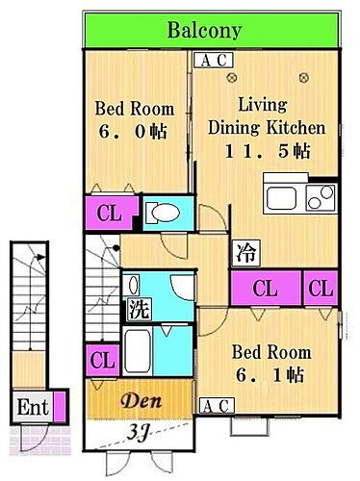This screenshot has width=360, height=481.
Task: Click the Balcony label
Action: pyautogui.click(x=204, y=31)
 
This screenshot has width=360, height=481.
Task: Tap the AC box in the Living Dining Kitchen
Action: pyautogui.click(x=214, y=60)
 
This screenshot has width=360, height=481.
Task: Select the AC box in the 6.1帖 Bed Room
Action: pyautogui.click(x=217, y=406)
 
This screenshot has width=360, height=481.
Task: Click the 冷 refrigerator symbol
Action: pyautogui.click(x=245, y=253)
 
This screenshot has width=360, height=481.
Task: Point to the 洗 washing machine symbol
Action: pyautogui.click(x=139, y=309)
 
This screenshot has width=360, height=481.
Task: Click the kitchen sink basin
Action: pyautogui.click(x=281, y=198)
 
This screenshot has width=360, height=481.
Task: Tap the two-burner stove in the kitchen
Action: pyautogui.click(x=321, y=197)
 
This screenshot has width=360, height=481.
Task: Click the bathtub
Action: pyautogui.click(x=138, y=351)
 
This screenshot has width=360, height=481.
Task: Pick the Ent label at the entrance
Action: pyautogui.click(x=33, y=407)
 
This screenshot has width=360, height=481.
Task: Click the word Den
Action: pyautogui.click(x=141, y=400)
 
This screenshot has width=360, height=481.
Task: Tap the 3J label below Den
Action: pyautogui.click(x=137, y=433)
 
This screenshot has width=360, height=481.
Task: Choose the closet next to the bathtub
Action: pyautogui.click(x=102, y=360)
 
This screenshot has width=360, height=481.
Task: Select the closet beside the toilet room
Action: pyautogui.click(x=110, y=213)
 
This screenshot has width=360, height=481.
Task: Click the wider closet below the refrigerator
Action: pyautogui.click(x=266, y=288)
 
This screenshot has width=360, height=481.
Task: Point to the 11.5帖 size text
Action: pyautogui.click(x=268, y=151)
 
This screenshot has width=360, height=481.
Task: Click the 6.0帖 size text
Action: pyautogui.click(x=133, y=132)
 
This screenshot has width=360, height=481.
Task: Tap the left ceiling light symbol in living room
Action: pyautogui.click(x=232, y=77)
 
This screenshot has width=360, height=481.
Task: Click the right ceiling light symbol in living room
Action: pyautogui.click(x=304, y=77)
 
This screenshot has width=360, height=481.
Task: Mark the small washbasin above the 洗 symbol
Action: pyautogui.click(x=133, y=285)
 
